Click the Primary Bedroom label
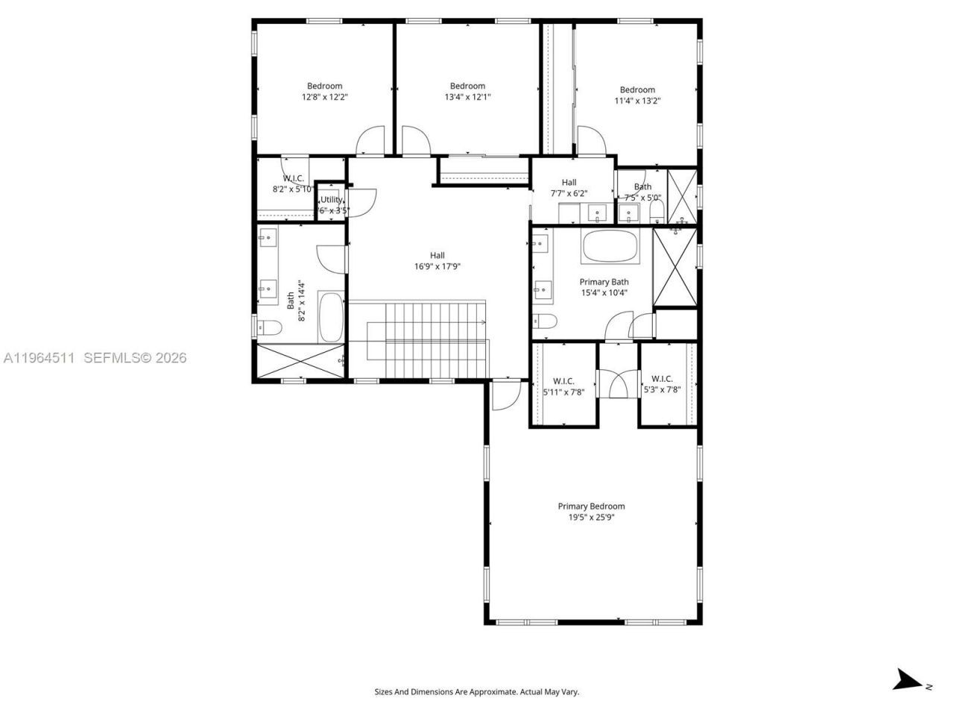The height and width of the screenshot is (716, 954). [x=591, y=506]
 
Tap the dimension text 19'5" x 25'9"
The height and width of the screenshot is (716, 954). [x=591, y=517]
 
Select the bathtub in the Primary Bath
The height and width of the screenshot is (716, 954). [x=610, y=247]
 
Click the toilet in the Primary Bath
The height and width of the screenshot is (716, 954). [x=546, y=321]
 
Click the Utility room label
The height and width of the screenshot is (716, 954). [x=332, y=200]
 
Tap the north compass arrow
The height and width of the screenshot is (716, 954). [x=908, y=679]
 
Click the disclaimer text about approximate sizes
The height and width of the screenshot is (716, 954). [x=476, y=692]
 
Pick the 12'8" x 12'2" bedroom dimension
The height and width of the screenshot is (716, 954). [x=325, y=97]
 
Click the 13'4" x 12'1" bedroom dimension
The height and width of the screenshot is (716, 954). [x=467, y=97]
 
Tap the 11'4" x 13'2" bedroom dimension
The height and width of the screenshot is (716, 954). [x=637, y=101]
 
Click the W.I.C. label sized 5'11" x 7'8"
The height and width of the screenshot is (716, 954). [x=563, y=381]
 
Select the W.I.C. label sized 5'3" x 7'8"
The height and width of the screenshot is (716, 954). [x=662, y=379]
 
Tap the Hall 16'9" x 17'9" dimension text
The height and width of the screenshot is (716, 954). [x=437, y=266]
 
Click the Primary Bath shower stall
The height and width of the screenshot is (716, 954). [x=675, y=267]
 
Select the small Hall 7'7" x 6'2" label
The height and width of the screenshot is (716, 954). [x=569, y=183]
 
